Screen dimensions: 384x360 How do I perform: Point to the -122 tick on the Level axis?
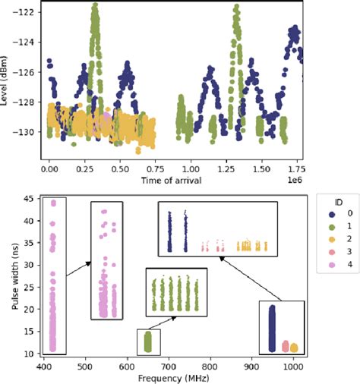(x=28, y=13)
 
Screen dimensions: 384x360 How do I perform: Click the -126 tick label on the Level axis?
(x=28, y=72)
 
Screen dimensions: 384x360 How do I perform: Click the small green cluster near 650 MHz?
(x=148, y=342)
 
